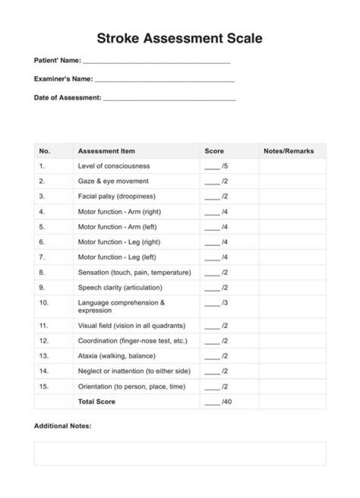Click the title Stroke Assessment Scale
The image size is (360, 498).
[179, 38]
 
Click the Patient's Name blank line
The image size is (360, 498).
[156, 61]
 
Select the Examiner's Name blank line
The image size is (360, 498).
[164, 79]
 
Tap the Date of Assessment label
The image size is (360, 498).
[67, 98]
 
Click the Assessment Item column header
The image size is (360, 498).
[106, 151]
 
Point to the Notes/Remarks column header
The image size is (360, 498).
[288, 151]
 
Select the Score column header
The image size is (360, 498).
[214, 151]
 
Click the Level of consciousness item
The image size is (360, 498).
[113, 166]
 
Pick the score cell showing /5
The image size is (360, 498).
[216, 166]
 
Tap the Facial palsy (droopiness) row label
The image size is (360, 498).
[116, 196]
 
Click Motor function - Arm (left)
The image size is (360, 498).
[117, 227]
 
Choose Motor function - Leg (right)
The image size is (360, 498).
[119, 242]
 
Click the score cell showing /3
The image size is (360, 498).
[216, 303]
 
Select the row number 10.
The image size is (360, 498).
[44, 303]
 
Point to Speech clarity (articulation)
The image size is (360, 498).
[120, 288]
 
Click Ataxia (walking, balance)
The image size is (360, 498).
[116, 356]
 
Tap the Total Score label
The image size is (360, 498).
[96, 401]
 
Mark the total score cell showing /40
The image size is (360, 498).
[218, 401]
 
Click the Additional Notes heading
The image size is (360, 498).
[62, 426]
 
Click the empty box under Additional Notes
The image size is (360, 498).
[180, 453]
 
